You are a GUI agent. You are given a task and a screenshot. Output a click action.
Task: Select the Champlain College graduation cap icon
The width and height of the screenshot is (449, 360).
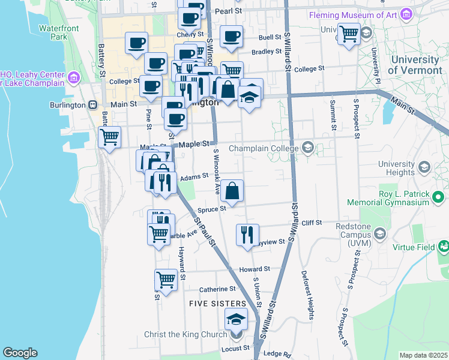click(308, 148)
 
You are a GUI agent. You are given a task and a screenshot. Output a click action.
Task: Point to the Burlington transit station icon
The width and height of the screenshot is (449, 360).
click(92, 104)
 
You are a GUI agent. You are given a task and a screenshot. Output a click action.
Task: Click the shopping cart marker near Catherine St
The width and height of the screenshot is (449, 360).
click(166, 280)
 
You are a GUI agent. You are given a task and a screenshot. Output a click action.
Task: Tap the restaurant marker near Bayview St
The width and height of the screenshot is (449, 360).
click(247, 234)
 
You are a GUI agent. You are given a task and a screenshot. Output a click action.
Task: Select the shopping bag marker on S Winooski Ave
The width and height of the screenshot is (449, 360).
click(232, 190)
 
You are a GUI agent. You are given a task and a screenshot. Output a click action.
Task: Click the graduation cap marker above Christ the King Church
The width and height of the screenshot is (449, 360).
click(236, 319)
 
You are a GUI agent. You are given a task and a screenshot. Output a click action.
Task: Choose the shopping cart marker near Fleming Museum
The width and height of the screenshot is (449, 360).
click(349, 33)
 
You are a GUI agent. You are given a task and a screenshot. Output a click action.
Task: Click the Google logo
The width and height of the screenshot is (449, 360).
click(20, 353)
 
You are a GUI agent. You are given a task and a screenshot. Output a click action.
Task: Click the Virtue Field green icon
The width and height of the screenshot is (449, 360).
click(443, 246)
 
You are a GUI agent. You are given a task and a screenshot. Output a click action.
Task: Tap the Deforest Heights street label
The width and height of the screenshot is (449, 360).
click(310, 295)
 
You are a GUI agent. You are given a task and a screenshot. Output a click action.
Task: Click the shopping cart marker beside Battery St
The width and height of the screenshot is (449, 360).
click(109, 137)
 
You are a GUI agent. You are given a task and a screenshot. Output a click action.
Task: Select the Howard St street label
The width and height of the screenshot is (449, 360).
click(255, 269)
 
